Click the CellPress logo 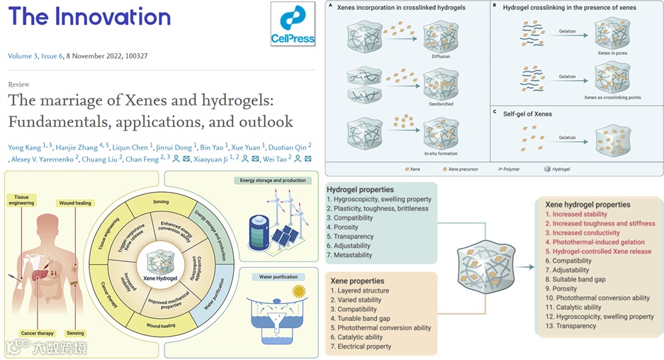(x=293, y=25)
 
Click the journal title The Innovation (x=90, y=17)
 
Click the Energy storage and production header (x=274, y=181)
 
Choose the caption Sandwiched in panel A (x=441, y=103)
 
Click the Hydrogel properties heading (x=360, y=190)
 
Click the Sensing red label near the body (x=75, y=333)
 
